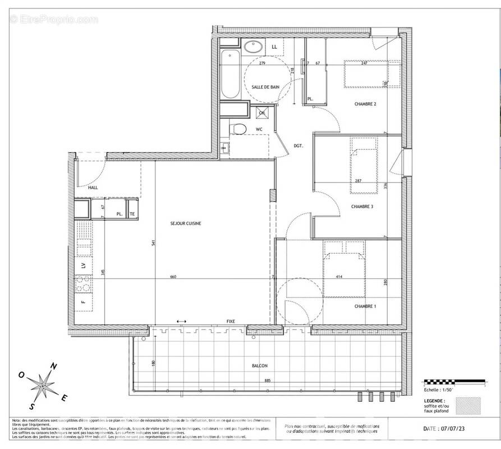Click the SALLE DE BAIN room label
pos(265,87)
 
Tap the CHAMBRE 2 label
pos(365,104)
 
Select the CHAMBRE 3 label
pos(362,207)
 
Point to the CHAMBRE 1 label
pos(365,306)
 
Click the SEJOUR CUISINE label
pos(186,223)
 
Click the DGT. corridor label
pos(298,146)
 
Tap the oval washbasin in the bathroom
pos(251,48)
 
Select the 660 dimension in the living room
pos(173,277)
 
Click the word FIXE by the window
pos(231,321)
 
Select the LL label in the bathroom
pos(274,47)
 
